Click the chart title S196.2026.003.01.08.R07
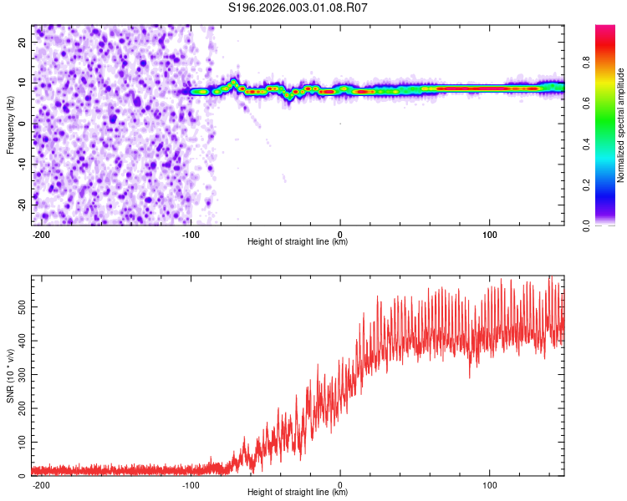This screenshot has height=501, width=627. pyautogui.click(x=298, y=8)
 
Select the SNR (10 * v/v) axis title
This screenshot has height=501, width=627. pyautogui.click(x=10, y=375)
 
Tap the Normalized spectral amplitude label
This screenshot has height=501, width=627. pyautogui.click(x=621, y=125)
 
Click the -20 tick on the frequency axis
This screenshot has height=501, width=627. pyautogui.click(x=21, y=205)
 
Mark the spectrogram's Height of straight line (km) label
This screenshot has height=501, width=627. pyautogui.click(x=298, y=242)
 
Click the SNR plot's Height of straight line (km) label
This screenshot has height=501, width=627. pyautogui.click(x=298, y=493)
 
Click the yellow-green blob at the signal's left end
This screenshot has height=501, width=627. pyautogui.click(x=200, y=91)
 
